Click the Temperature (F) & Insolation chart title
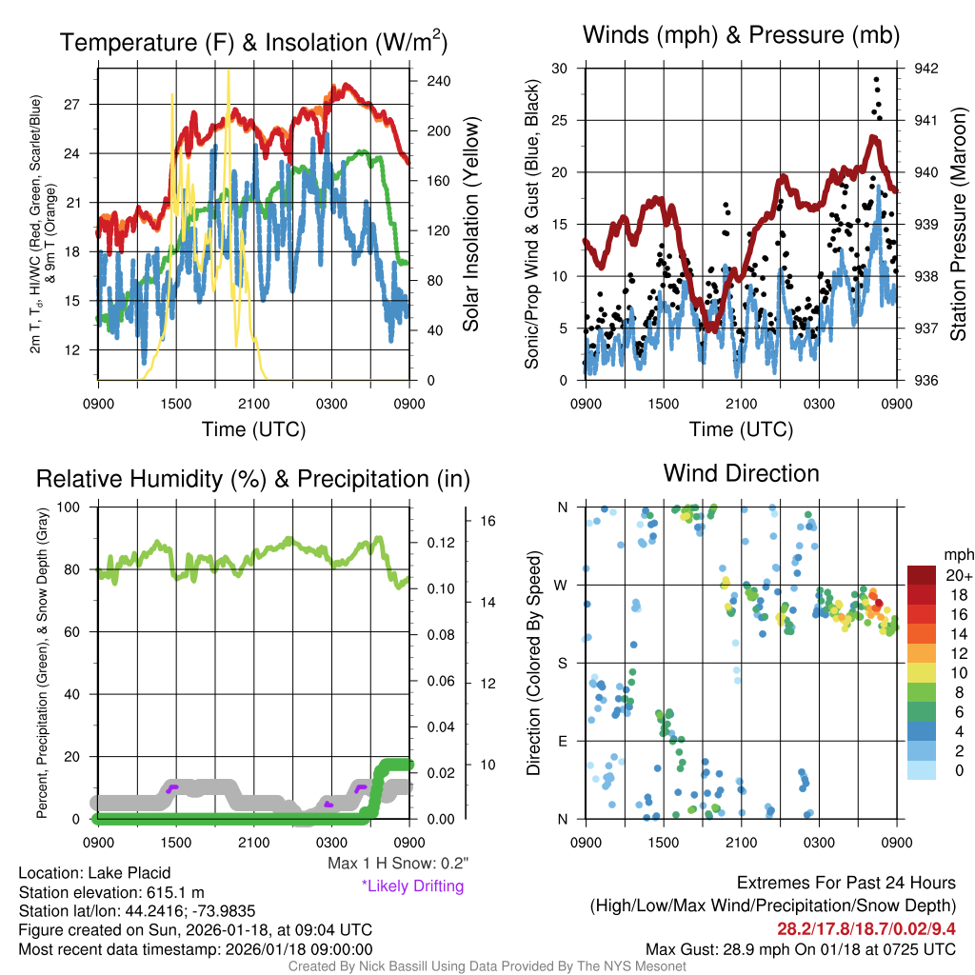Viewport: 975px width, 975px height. click(254, 43)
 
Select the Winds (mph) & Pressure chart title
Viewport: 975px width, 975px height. click(742, 35)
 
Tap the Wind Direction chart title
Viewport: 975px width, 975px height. click(741, 473)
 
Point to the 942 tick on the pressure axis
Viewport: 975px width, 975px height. click(925, 69)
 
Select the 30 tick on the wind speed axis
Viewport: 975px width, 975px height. click(560, 69)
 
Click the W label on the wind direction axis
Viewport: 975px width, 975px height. click(560, 585)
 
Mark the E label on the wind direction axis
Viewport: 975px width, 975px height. click(561, 741)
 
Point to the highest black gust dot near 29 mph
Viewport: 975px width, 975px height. click(876, 80)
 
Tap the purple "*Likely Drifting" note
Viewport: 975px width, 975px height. click(412, 885)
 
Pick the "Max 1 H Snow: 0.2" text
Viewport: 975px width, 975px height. click(397, 864)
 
